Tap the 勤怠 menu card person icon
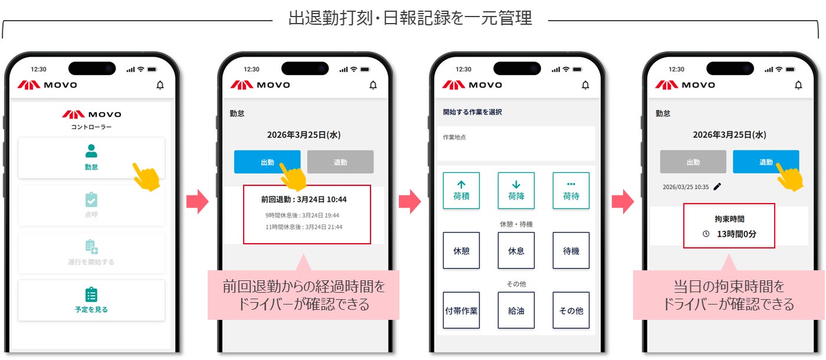(91, 151)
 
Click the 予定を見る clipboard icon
(91, 294)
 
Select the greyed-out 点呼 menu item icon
(91, 200)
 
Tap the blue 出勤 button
(267, 162)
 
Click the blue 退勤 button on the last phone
(766, 162)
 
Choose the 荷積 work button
(461, 190)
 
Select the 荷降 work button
(516, 190)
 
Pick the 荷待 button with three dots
(571, 190)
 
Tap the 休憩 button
(461, 250)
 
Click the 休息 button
(516, 250)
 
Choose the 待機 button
(571, 250)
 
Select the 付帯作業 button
(461, 310)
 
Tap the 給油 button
(516, 310)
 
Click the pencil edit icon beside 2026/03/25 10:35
(717, 186)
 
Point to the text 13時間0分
(736, 234)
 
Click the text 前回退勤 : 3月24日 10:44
(304, 199)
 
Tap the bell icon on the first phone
(160, 85)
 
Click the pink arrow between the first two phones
(198, 201)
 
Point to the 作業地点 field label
(454, 137)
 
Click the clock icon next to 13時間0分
(706, 234)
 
